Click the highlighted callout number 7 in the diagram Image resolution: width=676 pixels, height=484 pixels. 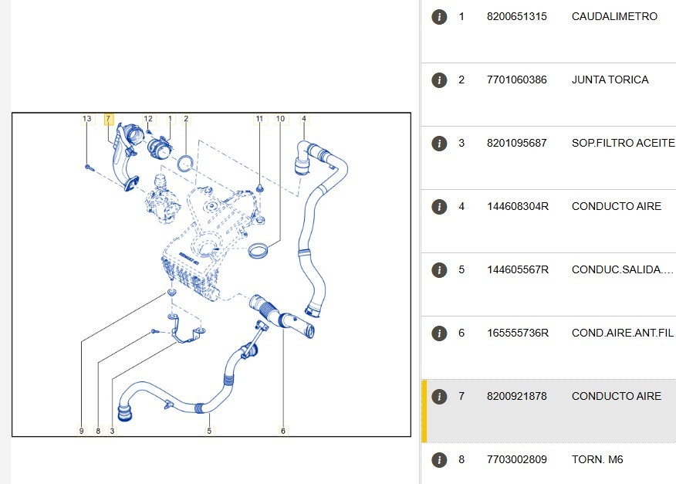[x=108, y=119]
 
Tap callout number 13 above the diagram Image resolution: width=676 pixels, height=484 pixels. [x=87, y=119]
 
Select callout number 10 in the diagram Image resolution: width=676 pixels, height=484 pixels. [x=281, y=119]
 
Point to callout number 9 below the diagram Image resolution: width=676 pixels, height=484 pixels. [x=82, y=431]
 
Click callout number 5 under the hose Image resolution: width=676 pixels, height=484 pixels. [x=209, y=431]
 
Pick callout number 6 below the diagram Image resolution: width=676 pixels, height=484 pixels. [x=282, y=431]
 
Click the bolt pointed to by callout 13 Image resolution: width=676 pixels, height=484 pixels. [x=90, y=168]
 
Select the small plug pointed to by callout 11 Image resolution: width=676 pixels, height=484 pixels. [x=260, y=188]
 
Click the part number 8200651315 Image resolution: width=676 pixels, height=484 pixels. [x=516, y=16]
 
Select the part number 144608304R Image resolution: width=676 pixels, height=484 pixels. [x=518, y=206]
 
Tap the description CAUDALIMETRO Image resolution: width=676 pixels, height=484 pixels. [x=614, y=16]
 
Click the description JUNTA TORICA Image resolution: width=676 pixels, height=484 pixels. [x=610, y=80]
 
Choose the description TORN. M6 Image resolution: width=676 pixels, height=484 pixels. [x=597, y=459]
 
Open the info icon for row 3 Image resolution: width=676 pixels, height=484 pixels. [x=439, y=144]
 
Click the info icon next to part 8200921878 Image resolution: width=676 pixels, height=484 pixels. [x=439, y=397]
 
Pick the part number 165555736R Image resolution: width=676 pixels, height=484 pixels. [x=518, y=333]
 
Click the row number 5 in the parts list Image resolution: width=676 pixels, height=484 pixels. [x=461, y=269]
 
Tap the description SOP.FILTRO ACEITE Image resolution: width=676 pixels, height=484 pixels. [x=624, y=144]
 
